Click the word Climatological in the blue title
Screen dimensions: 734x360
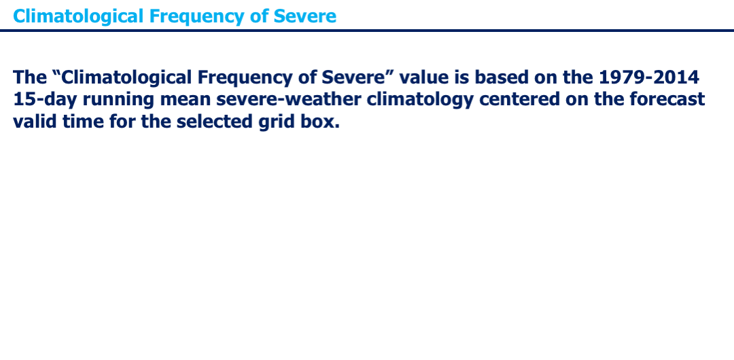click(78, 16)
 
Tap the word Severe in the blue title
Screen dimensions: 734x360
click(304, 16)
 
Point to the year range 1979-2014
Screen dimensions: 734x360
click(649, 77)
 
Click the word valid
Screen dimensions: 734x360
click(35, 122)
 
